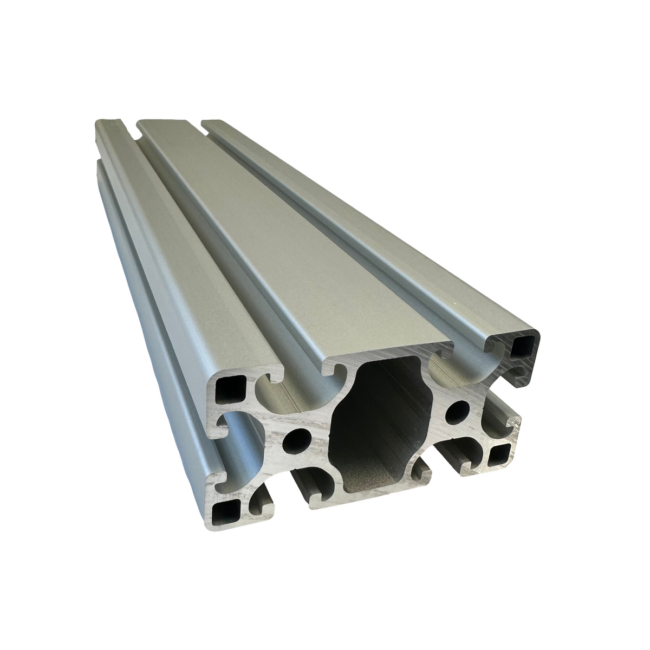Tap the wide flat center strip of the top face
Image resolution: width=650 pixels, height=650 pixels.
[282, 233]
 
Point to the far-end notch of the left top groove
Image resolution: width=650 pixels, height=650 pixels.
[130, 131]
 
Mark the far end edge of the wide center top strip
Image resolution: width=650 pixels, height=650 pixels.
[168, 121]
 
